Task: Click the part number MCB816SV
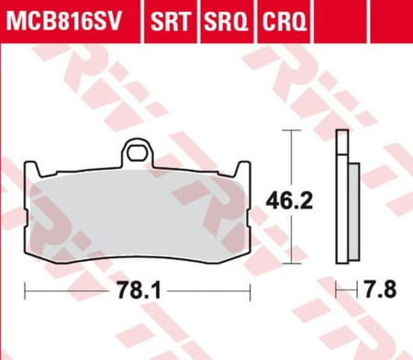tap(63, 21)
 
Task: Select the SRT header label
tap(171, 21)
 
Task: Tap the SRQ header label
tap(226, 21)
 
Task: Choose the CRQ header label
tap(285, 21)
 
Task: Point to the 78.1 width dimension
tap(139, 290)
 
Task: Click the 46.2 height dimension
tap(289, 201)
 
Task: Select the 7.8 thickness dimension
tap(380, 288)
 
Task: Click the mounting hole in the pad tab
tap(137, 153)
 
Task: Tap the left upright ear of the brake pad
tap(32, 169)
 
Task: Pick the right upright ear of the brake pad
tap(243, 169)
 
